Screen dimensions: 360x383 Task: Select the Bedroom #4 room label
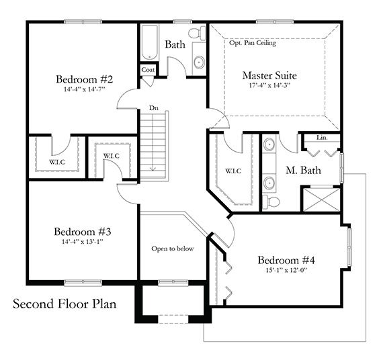tap(286, 260)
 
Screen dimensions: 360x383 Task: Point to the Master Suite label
tap(269, 75)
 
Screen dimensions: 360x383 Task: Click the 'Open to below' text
tap(172, 249)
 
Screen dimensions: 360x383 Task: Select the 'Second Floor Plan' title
tap(65, 304)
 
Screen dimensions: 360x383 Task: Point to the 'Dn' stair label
tap(154, 107)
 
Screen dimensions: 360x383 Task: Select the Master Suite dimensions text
tap(269, 86)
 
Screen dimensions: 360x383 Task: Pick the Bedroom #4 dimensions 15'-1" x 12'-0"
tap(286, 271)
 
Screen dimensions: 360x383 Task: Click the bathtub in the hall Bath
tap(148, 44)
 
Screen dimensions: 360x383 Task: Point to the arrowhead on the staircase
tap(153, 169)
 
